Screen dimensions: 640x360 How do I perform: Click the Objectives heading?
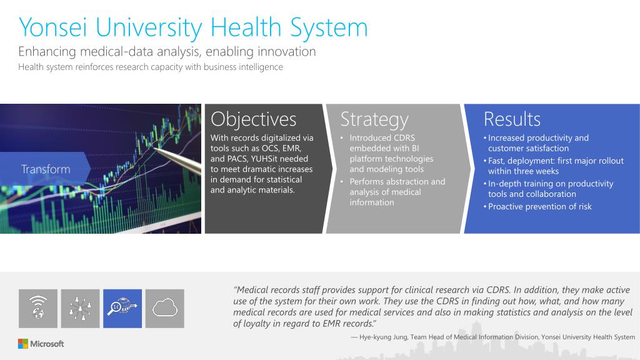click(254, 119)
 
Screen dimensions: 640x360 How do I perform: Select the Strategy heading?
click(374, 120)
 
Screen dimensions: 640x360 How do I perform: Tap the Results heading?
click(512, 119)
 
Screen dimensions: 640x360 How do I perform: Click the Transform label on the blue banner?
click(46, 169)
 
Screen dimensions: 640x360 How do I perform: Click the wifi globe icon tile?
click(38, 309)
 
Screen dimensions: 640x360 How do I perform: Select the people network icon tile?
click(80, 309)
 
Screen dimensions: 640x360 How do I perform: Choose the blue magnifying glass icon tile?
click(122, 309)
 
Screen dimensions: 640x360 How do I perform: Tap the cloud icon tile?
click(165, 309)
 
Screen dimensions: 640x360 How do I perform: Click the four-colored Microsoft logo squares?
click(23, 344)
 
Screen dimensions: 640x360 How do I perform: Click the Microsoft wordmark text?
click(47, 344)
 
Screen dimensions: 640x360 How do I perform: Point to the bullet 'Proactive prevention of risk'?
click(539, 206)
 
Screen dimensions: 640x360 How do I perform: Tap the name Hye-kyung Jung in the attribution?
click(383, 337)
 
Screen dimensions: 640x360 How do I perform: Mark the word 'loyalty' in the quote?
click(256, 324)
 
